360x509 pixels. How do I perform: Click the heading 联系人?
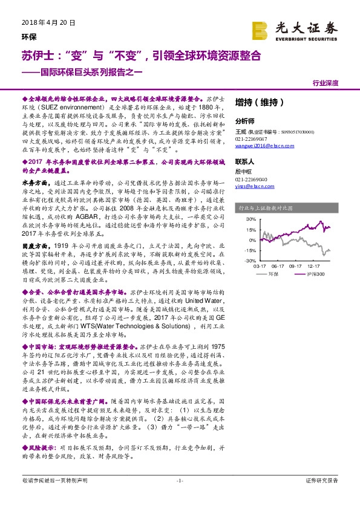tap(244, 162)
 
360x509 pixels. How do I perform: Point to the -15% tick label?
tap(248, 250)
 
